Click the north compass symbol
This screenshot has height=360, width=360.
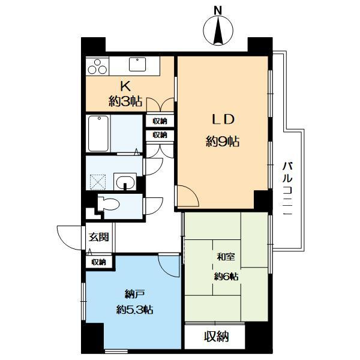217,32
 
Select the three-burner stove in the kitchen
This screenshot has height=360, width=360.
97,66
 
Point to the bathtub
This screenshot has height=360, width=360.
97,134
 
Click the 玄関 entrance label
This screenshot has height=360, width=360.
98,237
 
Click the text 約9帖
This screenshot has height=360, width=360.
223,142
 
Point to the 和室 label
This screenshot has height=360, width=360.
226,259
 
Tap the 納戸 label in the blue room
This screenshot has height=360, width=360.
133,294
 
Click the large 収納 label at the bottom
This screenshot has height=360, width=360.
215,337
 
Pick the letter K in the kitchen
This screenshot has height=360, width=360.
127,86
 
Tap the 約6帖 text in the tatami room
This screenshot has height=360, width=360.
226,277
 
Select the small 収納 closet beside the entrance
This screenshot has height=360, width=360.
99,262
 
